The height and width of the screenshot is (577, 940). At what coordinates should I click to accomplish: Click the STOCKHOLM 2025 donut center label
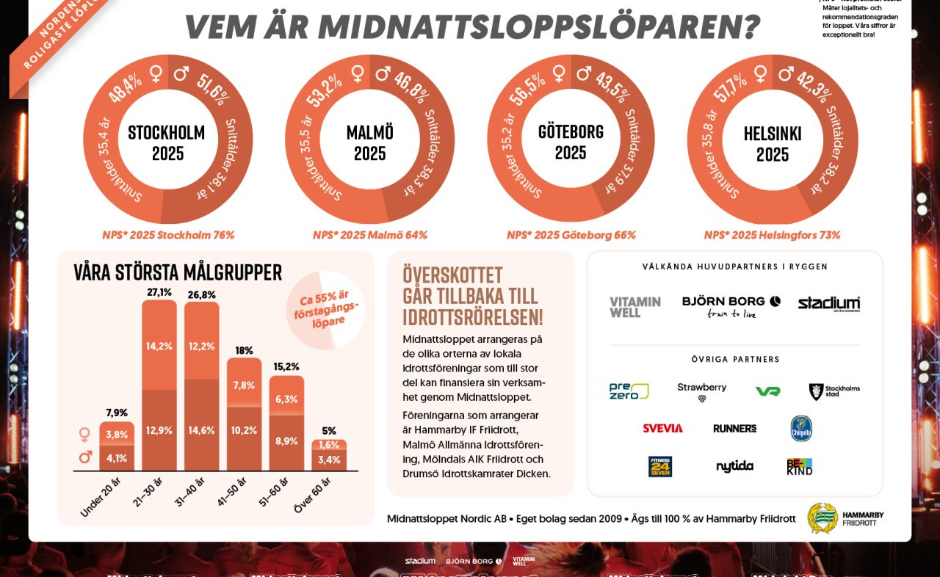[x=167, y=143]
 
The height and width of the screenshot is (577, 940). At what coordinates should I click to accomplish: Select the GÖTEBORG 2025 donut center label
[x=571, y=142]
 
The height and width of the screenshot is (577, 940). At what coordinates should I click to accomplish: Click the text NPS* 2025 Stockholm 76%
[x=168, y=236]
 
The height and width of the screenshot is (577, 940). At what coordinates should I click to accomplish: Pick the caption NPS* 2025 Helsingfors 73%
[x=772, y=236]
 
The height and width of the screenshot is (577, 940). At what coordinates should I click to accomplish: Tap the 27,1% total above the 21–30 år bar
[x=159, y=292]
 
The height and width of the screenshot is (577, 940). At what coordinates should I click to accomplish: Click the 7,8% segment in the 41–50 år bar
[x=245, y=385]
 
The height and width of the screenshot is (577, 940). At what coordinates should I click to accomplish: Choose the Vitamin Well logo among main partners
[x=635, y=307]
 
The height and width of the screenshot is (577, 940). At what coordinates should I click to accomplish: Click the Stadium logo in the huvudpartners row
[x=828, y=304]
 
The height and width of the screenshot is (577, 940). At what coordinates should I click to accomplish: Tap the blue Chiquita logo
[x=800, y=428]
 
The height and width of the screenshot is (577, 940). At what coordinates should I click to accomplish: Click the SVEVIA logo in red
[x=662, y=428]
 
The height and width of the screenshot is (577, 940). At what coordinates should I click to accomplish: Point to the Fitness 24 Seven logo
[x=659, y=466]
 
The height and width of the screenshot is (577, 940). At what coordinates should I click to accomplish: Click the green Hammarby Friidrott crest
[x=822, y=518]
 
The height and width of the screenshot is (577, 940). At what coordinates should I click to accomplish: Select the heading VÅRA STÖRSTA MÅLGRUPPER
[x=178, y=272]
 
